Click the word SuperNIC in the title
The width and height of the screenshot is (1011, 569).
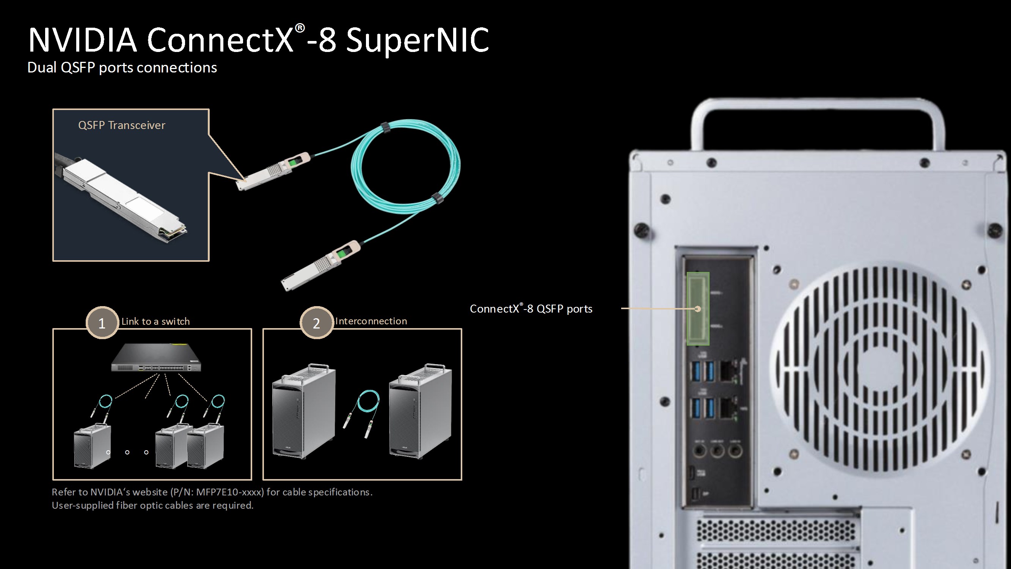click(418, 40)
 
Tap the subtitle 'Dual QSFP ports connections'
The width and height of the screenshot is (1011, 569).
click(122, 68)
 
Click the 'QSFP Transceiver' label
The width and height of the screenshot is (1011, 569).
click(122, 125)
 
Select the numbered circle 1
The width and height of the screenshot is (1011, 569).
click(102, 323)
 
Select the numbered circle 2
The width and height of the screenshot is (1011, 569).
click(316, 323)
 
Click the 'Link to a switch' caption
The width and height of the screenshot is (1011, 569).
click(155, 321)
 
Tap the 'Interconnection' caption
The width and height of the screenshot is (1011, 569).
click(371, 321)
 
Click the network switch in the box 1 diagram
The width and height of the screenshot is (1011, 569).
click(156, 357)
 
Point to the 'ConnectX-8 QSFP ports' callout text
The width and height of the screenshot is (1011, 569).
click(531, 309)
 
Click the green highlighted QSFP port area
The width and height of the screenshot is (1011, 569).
click(698, 309)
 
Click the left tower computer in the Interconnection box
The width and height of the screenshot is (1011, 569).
click(304, 412)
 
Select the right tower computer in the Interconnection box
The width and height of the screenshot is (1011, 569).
click(420, 412)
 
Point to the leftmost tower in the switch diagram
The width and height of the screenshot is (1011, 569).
click(93, 446)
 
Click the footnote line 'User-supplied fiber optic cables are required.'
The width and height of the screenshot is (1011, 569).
click(153, 505)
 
